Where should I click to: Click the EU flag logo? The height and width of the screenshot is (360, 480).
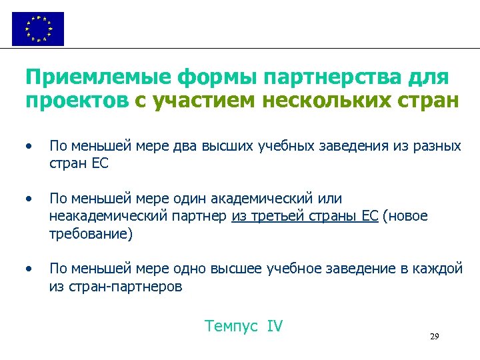coord(38,29)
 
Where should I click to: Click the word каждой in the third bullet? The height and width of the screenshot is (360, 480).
coord(439,269)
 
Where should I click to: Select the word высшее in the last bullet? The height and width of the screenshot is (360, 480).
coord(237,269)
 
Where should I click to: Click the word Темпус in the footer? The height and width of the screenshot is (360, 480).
coord(231,327)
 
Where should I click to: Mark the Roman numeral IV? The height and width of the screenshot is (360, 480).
coord(275,327)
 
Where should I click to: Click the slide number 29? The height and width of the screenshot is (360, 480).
coord(434,338)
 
